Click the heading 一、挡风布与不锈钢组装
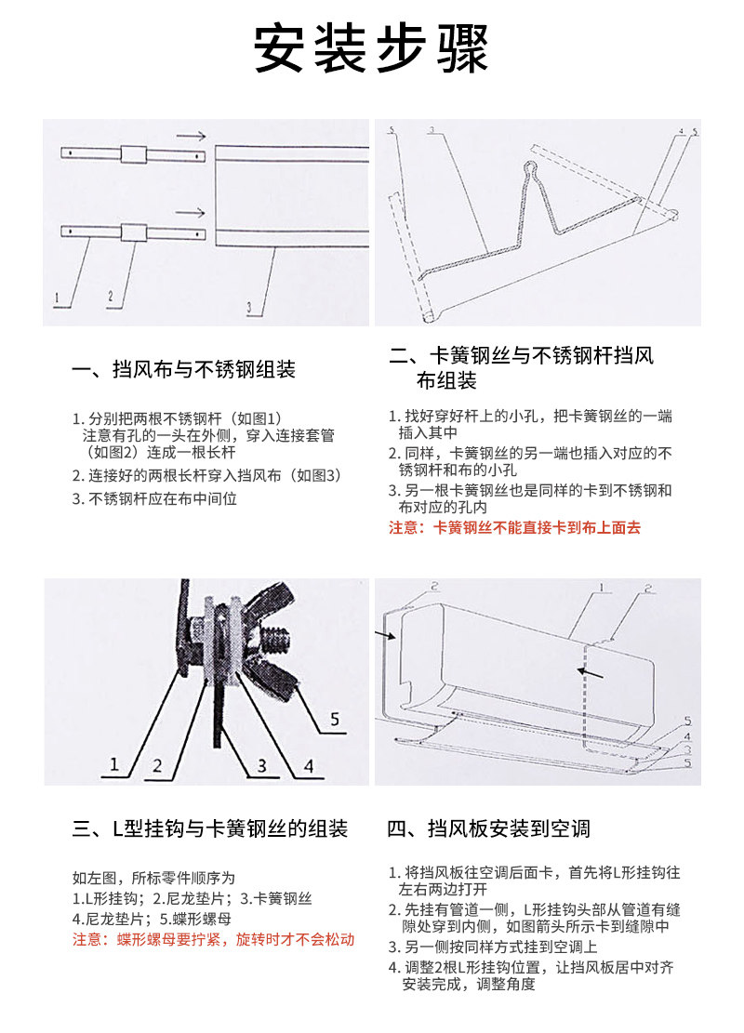(183, 369)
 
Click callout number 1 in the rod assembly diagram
(57, 299)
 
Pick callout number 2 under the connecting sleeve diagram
(109, 298)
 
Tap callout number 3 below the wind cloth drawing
(249, 306)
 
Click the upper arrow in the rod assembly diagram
(190, 136)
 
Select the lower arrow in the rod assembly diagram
(190, 211)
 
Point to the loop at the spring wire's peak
(530, 169)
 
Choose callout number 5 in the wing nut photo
(335, 718)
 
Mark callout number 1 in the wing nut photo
(114, 764)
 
